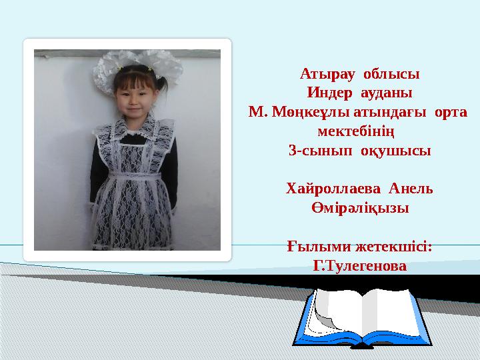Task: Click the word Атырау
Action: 327,73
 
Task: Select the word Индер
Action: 329,92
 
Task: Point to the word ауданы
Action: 387,92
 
